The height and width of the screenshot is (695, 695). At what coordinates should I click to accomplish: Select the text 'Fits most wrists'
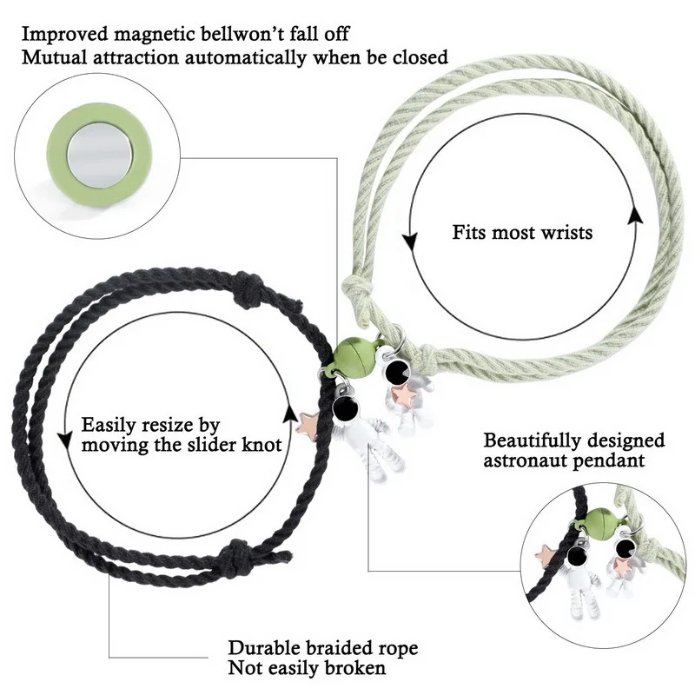point(522,233)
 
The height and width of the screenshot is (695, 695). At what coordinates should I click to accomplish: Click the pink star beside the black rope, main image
point(308,423)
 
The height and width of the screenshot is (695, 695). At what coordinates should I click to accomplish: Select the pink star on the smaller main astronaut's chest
point(403,395)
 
